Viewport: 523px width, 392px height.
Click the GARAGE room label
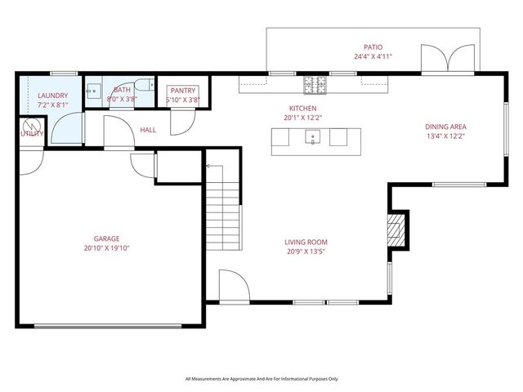pos(106,238)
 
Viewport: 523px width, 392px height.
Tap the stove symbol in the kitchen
pos(315,85)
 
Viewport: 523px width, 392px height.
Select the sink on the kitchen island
pos(313,137)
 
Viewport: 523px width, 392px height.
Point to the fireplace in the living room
pos(396,230)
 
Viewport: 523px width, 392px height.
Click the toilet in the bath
pos(145,85)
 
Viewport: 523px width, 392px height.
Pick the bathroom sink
pos(93,91)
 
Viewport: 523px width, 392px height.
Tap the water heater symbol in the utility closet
pos(32,126)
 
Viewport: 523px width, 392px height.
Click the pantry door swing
pos(182,122)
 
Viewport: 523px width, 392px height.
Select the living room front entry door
pos(235,286)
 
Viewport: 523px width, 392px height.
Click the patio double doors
pos(448,58)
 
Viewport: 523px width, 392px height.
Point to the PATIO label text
pos(373,47)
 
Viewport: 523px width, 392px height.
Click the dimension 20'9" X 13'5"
pos(306,252)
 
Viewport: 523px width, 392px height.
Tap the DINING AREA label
pos(445,127)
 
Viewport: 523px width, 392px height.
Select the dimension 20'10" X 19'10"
pos(106,248)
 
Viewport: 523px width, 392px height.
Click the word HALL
pos(148,130)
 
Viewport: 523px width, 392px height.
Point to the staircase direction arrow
pos(215,173)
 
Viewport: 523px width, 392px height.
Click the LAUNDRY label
pos(52,96)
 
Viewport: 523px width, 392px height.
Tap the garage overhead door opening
pos(108,327)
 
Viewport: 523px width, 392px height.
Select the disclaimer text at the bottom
pos(261,379)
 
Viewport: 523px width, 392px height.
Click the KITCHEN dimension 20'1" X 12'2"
pos(303,118)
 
